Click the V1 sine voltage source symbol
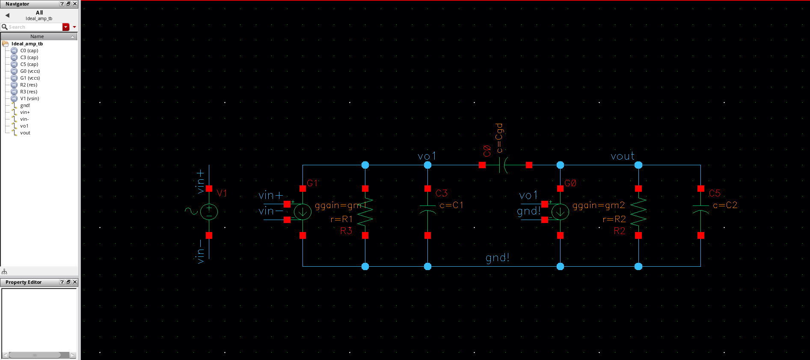pos(209,212)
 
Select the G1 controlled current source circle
pos(303,212)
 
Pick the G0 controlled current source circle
pos(560,212)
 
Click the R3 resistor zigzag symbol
pos(365,212)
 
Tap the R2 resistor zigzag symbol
pos(638,212)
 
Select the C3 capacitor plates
pos(427,208)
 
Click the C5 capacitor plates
pos(700,208)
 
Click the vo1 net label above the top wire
pos(426,156)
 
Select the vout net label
pos(623,156)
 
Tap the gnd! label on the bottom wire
pos(497,258)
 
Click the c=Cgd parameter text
pos(499,138)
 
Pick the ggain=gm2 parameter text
pos(598,205)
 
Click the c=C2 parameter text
pos(725,205)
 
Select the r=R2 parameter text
pos(614,219)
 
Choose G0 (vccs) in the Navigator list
pos(30,71)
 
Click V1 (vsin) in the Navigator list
pos(30,98)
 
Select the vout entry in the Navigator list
pos(25,133)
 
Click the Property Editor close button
pos(75,282)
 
